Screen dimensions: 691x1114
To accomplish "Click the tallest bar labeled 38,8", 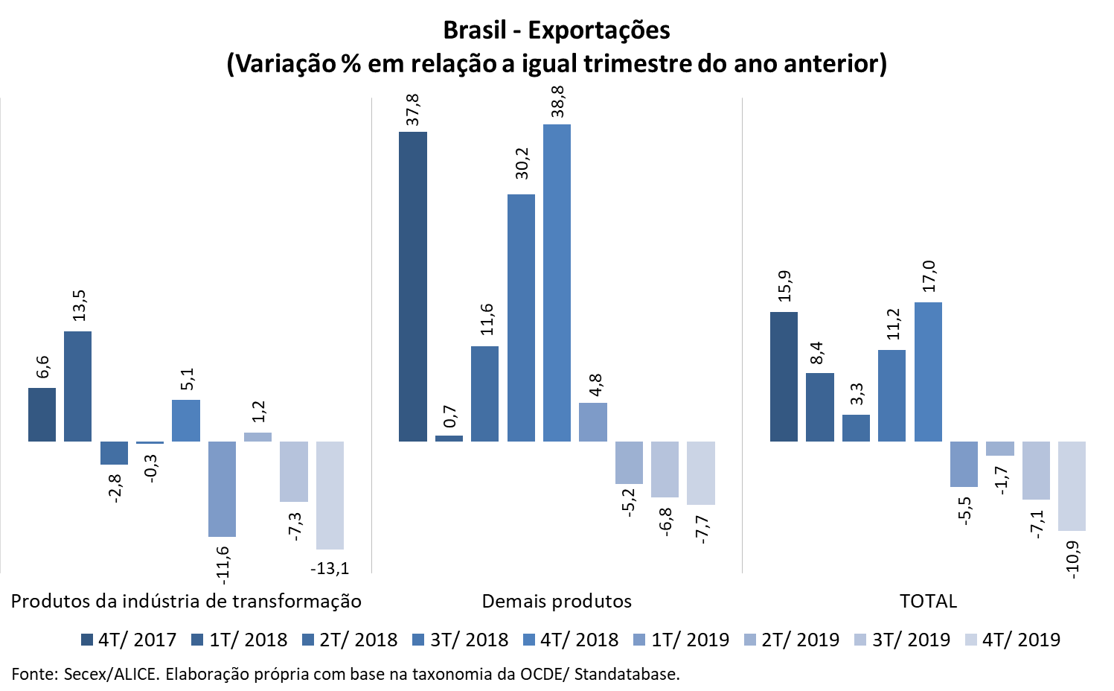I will coord(557,283).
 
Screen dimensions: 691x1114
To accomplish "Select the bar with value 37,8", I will coord(413,287).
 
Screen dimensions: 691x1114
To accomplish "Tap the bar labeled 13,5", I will coord(77,386).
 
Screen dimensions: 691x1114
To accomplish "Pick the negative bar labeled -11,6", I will coord(222,488).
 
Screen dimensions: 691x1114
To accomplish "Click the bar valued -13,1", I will coord(330,495).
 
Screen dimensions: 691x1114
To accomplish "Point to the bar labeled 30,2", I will coord(521,318).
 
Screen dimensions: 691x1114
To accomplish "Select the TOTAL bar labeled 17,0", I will coord(928,372).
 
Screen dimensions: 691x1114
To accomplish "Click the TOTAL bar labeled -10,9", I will coord(1072,485).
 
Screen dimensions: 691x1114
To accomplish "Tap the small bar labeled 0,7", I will coord(449,439).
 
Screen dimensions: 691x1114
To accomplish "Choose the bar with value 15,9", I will coord(784,377).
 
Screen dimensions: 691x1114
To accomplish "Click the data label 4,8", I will coord(595,386).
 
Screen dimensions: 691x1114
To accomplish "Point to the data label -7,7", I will coord(701,529).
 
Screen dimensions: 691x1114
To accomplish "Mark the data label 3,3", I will coord(857,394).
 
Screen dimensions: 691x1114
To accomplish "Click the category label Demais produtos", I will coord(557,602).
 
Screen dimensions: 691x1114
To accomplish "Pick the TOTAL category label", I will coord(928,602).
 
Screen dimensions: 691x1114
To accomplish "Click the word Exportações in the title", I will coord(599,31).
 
